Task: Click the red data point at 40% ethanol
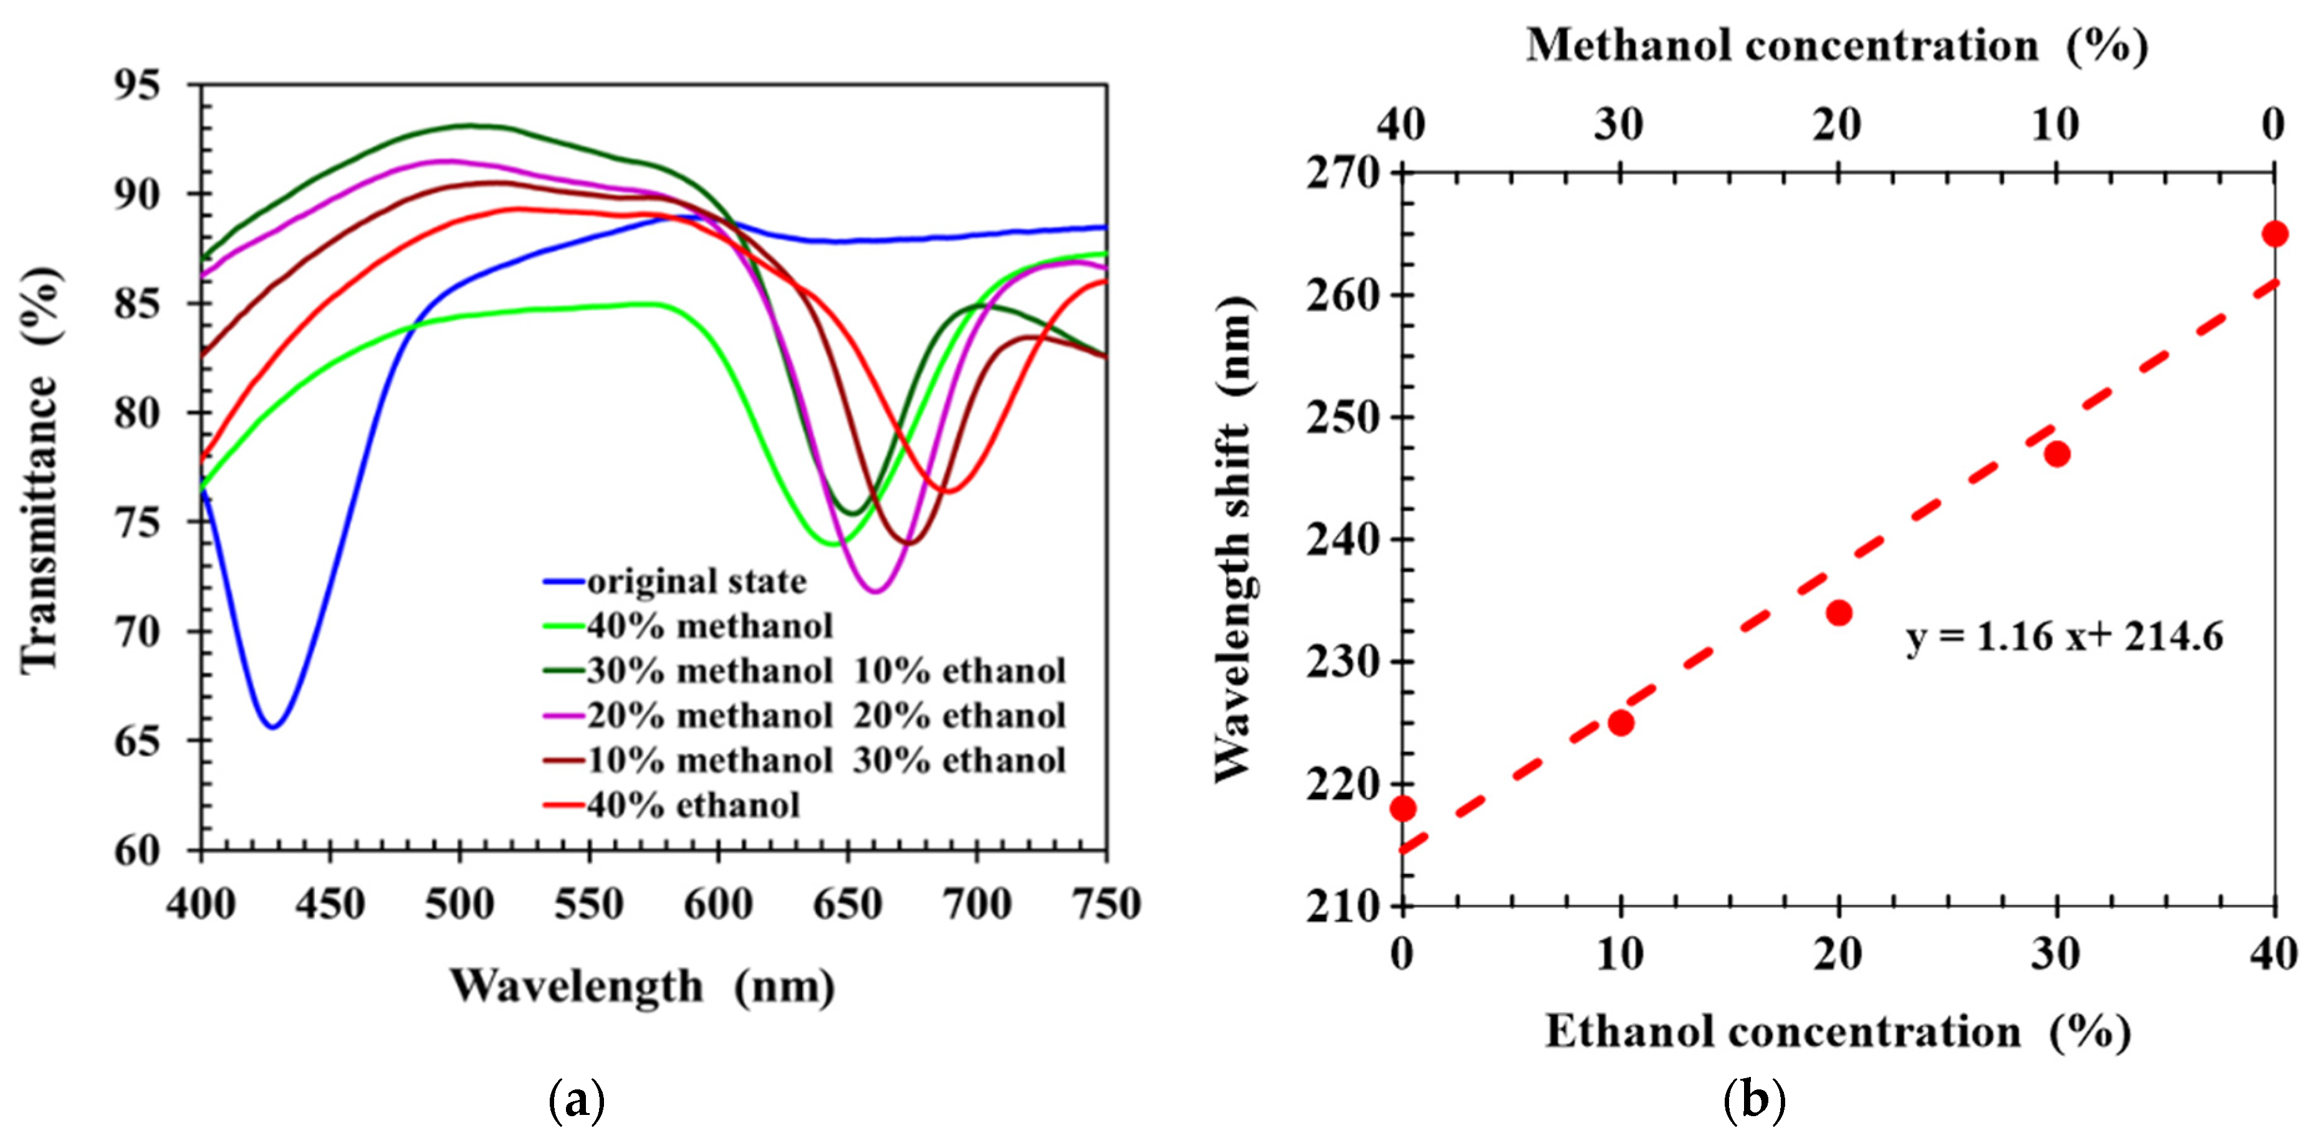(2274, 234)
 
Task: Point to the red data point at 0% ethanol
(1402, 808)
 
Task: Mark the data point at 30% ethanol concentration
(2057, 453)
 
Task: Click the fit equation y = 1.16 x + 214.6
(2064, 637)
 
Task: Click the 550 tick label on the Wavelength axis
(588, 904)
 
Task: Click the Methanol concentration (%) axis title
(1836, 45)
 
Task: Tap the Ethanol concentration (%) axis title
(1836, 1031)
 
